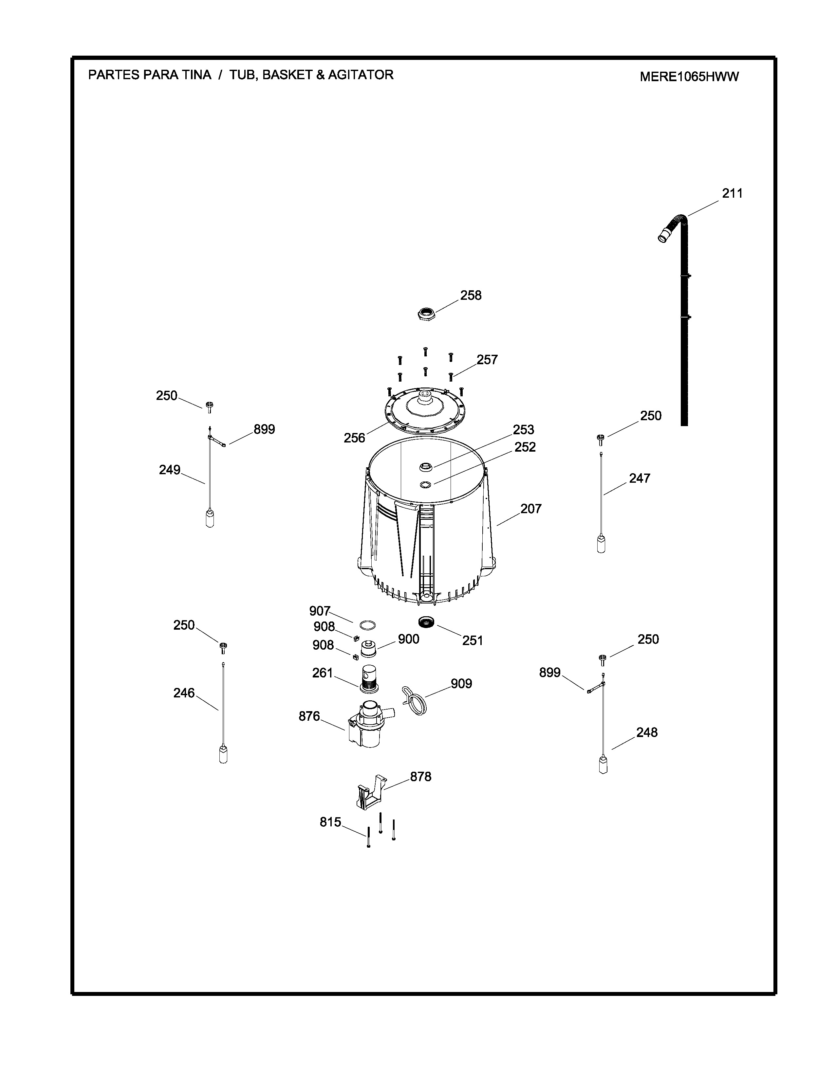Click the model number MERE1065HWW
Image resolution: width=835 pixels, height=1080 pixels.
click(x=689, y=77)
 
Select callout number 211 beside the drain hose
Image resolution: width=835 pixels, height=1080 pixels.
click(x=732, y=193)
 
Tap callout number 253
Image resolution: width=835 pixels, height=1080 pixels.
click(x=523, y=429)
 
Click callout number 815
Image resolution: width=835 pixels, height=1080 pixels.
click(x=330, y=822)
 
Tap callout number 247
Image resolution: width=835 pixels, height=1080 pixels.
click(x=639, y=478)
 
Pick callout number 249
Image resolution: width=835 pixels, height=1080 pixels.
click(x=169, y=470)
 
